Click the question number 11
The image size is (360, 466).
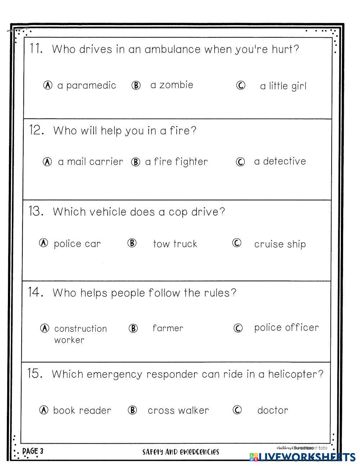tap(36, 49)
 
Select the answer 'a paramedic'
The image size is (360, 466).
tap(86, 85)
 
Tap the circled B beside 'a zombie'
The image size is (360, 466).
tap(136, 85)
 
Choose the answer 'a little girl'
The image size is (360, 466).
tap(283, 86)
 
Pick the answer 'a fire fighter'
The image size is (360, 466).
tap(176, 162)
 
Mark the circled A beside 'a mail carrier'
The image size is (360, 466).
tap(48, 162)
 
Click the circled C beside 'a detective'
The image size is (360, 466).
tap(240, 162)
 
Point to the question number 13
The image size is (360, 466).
tap(36, 211)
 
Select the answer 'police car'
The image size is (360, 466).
tap(77, 244)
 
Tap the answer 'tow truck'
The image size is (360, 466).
tap(175, 244)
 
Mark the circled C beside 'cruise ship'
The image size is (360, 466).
tap(237, 243)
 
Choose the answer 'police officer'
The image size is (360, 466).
tap(286, 328)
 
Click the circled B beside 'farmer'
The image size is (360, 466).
tap(133, 328)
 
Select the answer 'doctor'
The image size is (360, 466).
tap(273, 410)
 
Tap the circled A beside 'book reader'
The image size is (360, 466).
tap(44, 410)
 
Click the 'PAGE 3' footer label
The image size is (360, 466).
tap(33, 451)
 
